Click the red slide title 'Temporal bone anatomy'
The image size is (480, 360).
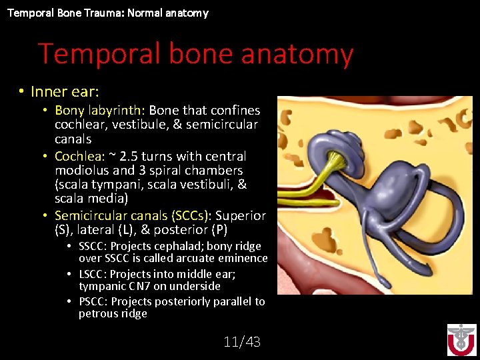[x=195, y=54]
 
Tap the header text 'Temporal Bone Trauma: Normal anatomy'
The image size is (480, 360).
[x=107, y=13]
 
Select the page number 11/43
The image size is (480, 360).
[x=242, y=342]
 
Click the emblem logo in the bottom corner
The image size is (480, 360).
[x=461, y=340]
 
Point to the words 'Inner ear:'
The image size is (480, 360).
[x=65, y=91]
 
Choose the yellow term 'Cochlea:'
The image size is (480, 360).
[x=79, y=156]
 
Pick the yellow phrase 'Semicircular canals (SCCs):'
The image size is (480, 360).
[x=133, y=216]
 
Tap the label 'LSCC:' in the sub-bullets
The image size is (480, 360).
[x=93, y=274]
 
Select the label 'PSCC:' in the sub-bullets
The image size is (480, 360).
[x=93, y=301]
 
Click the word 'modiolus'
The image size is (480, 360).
[x=82, y=170]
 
